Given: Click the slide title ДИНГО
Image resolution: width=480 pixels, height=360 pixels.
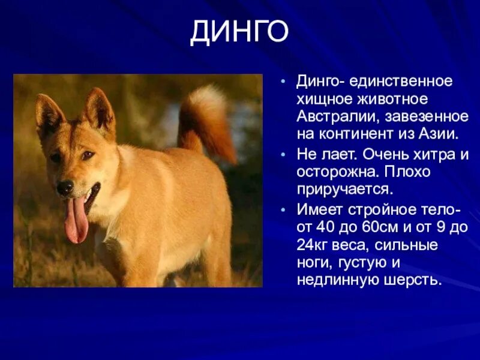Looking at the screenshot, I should [x=239, y=32].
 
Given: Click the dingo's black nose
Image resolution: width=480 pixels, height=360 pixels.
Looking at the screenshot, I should [x=65, y=187].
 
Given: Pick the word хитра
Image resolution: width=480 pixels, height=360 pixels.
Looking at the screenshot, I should [x=434, y=154].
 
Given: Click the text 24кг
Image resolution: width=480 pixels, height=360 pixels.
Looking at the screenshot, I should [x=311, y=245].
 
